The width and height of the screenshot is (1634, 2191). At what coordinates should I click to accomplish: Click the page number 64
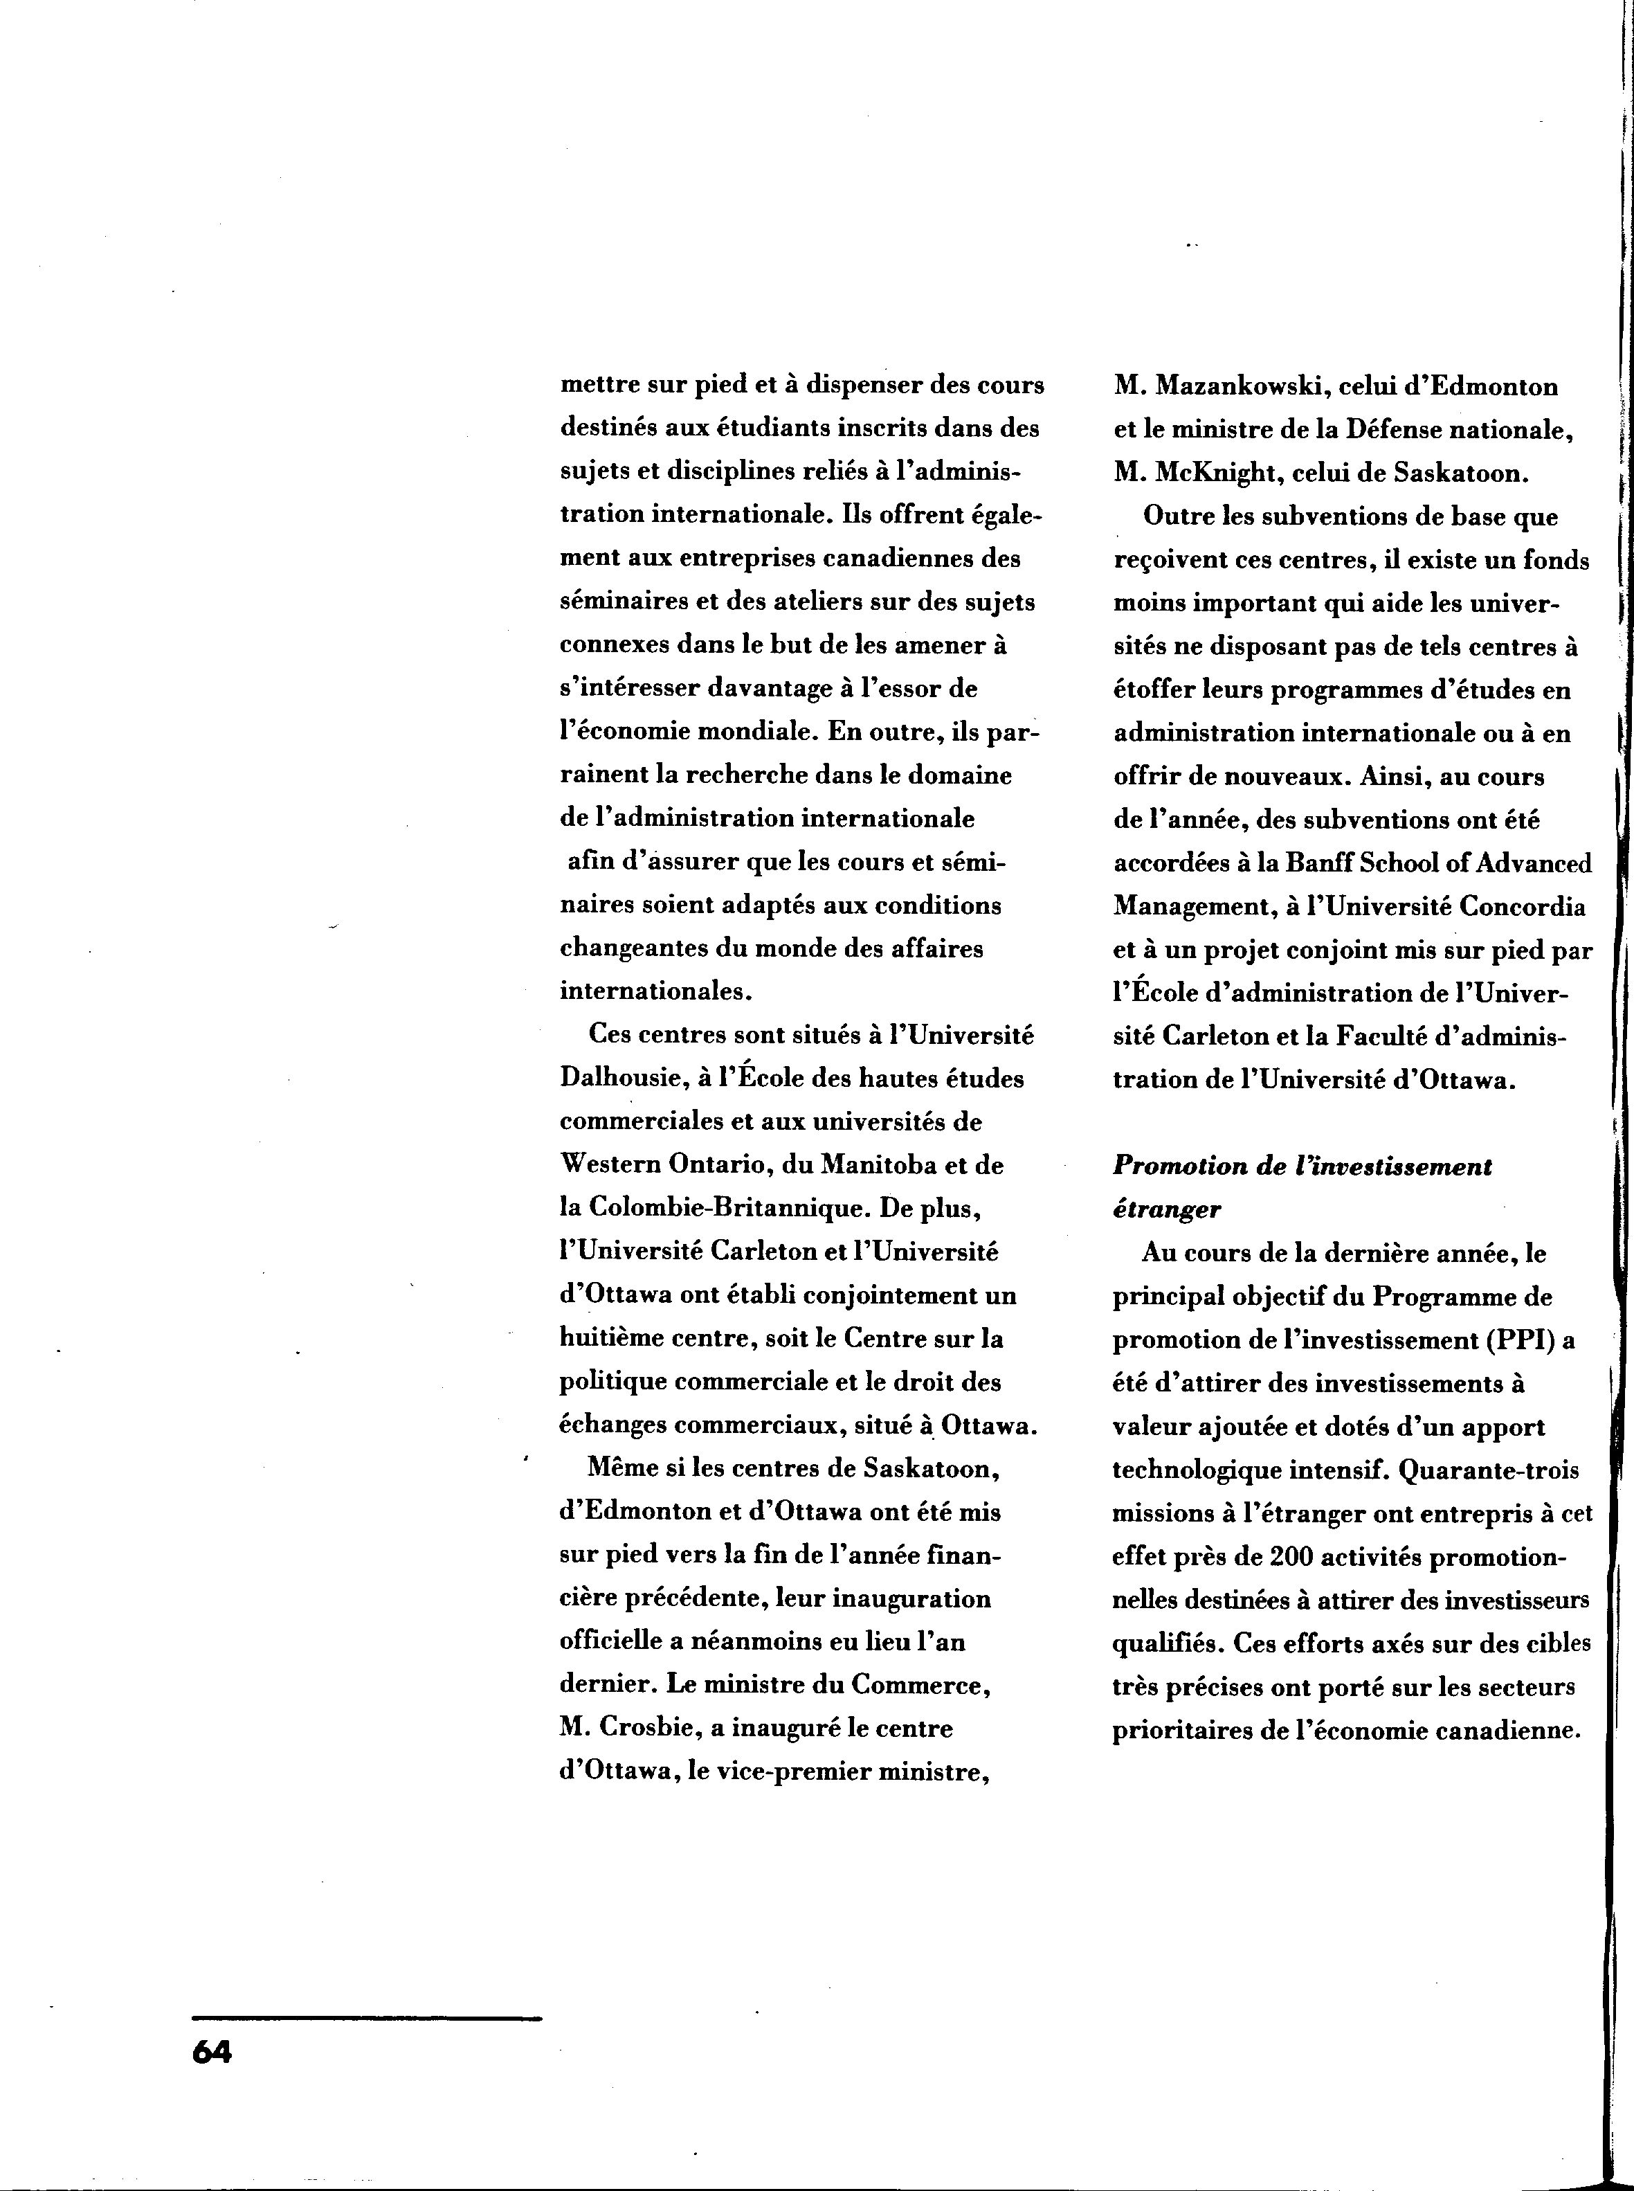coord(212,2053)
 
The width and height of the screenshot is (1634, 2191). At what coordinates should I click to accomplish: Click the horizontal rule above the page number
coord(367,2018)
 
